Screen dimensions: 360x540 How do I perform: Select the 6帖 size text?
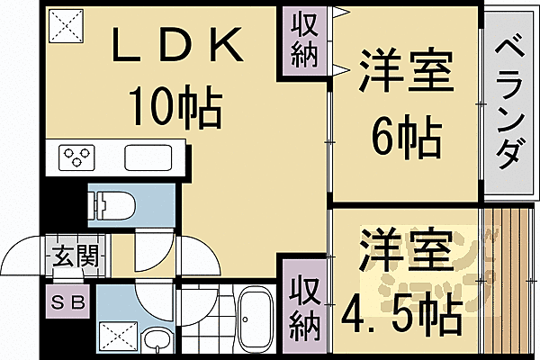[x=407, y=139]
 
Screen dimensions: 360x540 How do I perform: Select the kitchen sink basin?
[x=152, y=157]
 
